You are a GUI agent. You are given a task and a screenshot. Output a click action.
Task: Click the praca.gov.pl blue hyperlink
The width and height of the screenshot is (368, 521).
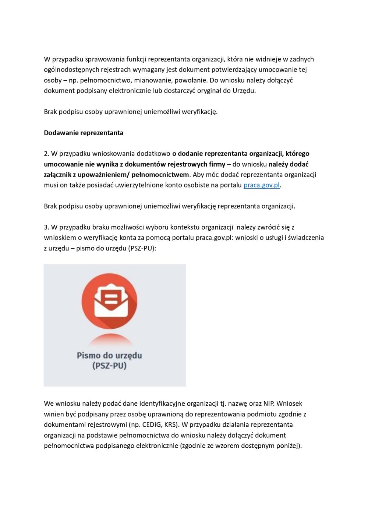click(261, 185)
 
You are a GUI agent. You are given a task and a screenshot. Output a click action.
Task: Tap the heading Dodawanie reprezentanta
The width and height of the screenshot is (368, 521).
click(84, 133)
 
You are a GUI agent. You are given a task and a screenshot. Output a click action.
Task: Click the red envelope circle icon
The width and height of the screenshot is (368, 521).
click(109, 301)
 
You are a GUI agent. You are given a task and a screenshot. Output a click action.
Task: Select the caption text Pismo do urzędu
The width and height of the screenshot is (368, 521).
click(109, 356)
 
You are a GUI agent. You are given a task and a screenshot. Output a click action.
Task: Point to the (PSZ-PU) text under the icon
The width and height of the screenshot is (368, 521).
click(109, 366)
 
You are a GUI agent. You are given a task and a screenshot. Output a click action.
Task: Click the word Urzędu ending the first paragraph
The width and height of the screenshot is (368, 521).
click(243, 91)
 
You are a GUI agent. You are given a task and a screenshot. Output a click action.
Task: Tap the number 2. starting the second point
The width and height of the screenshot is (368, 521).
click(46, 154)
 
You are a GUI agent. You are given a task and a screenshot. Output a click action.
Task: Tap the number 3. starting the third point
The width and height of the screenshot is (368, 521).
click(46, 227)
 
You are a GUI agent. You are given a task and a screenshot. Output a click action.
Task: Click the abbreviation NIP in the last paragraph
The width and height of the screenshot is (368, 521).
click(268, 404)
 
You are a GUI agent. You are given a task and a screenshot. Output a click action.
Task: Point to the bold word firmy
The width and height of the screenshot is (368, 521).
click(217, 164)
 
